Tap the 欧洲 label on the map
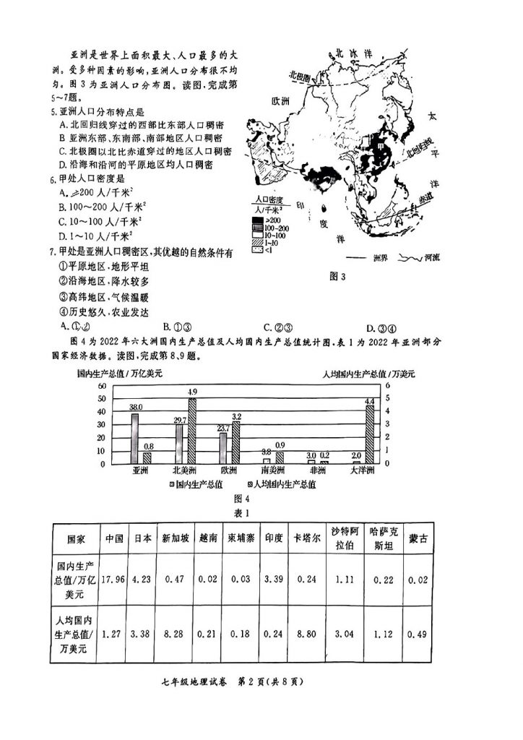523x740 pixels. click(x=280, y=100)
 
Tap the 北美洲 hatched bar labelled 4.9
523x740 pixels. click(x=191, y=431)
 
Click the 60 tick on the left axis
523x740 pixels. click(x=103, y=386)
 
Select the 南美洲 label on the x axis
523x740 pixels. click(x=272, y=470)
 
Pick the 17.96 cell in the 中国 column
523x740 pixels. click(x=114, y=579)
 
